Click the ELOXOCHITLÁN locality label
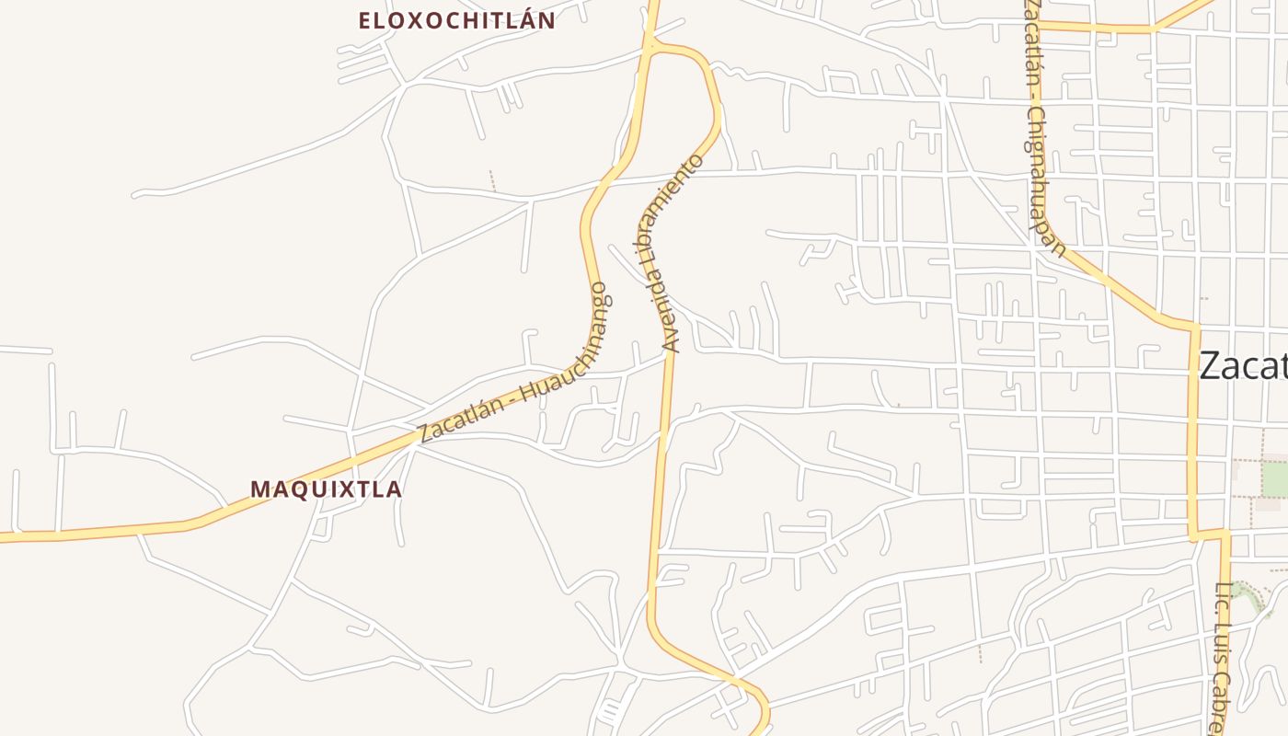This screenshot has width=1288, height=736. pyautogui.click(x=457, y=20)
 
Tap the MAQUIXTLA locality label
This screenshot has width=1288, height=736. pyautogui.click(x=326, y=489)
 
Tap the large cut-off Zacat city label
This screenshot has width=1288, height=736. pyautogui.click(x=1242, y=366)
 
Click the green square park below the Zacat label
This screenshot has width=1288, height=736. pyautogui.click(x=1274, y=478)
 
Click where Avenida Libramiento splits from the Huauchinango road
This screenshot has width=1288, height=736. pyautogui.click(x=650, y=44)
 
